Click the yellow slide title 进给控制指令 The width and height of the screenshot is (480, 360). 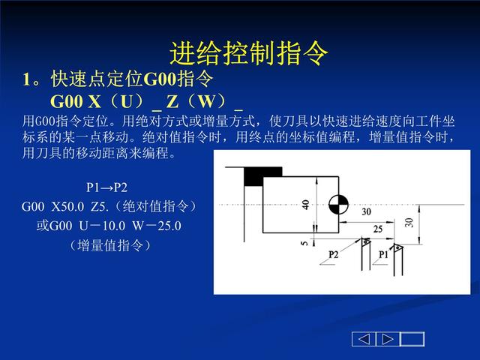249,53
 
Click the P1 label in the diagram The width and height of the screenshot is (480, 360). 383,254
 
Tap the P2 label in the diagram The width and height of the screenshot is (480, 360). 333,254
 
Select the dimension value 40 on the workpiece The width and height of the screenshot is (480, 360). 305,205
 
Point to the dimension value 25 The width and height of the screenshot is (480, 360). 378,229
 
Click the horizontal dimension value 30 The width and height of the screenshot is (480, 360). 366,211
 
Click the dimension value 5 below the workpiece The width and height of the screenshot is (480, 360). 304,244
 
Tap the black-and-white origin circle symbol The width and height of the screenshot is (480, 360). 338,205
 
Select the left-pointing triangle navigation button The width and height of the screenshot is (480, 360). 364,339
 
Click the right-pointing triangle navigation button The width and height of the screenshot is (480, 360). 388,339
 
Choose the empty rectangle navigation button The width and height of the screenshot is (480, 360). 412,339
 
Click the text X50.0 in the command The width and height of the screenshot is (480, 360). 67,207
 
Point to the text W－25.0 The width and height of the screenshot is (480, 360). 157,226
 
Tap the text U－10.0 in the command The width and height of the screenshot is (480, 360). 102,226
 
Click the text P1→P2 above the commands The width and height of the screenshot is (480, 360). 106,187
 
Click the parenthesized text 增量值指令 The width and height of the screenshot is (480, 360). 110,245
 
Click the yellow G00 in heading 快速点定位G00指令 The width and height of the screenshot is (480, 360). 160,79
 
